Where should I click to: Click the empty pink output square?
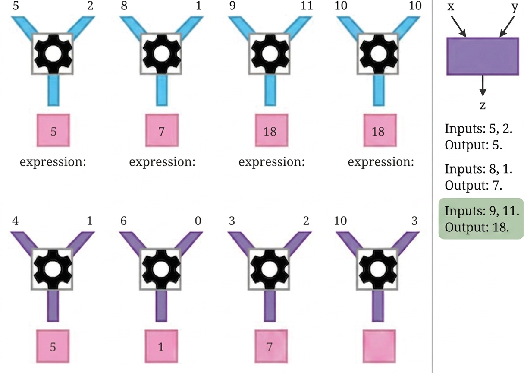(380, 346)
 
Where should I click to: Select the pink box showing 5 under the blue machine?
(53, 130)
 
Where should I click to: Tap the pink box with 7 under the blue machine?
(162, 130)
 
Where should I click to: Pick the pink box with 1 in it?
(161, 346)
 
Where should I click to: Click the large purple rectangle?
(483, 56)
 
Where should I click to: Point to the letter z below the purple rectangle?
(483, 106)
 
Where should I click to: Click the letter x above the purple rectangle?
(451, 6)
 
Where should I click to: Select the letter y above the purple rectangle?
(515, 7)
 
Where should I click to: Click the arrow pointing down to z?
(483, 86)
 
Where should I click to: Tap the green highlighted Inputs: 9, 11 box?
(481, 219)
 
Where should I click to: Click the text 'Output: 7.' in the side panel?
(474, 185)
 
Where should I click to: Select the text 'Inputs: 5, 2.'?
(478, 129)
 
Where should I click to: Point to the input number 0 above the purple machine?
(198, 221)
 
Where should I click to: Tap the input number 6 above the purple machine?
(123, 221)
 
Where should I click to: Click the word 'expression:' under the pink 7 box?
(162, 162)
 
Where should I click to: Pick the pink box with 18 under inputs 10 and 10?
(380, 130)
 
